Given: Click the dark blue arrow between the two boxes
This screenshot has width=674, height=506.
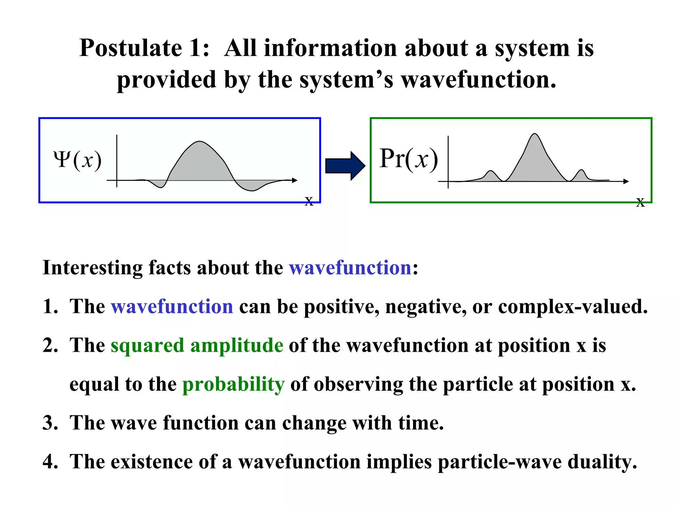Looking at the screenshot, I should click(344, 166).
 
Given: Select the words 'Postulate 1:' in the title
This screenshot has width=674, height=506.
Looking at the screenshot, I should click(144, 48).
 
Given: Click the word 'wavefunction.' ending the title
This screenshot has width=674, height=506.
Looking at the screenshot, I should click(479, 80).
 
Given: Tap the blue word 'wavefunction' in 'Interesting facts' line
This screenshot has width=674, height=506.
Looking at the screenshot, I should click(350, 267).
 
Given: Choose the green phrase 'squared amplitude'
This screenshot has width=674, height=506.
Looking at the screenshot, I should click(197, 345).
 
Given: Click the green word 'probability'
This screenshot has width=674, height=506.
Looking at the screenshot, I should click(233, 384).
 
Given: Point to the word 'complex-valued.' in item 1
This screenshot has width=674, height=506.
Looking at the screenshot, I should click(573, 306).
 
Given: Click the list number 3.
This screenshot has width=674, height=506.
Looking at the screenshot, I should click(50, 423).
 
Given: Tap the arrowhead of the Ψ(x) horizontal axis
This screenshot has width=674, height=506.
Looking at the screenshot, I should click(295, 180).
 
